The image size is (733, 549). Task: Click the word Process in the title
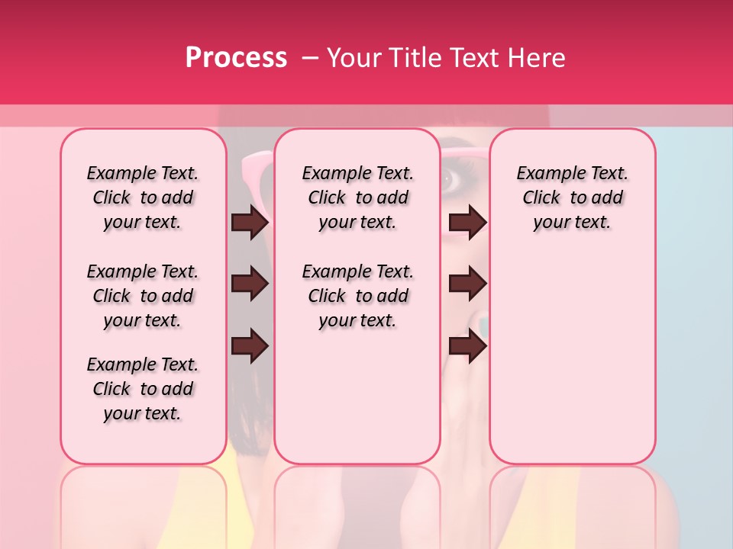[236, 58]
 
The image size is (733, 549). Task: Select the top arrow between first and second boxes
[250, 222]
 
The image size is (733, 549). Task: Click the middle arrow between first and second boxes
[250, 284]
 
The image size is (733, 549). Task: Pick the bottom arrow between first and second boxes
[250, 345]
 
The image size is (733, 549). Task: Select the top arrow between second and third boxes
[467, 222]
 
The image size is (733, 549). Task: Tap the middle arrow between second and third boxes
[467, 284]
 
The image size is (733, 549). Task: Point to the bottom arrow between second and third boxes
[467, 345]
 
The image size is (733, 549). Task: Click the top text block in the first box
[143, 197]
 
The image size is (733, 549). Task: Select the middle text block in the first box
[143, 296]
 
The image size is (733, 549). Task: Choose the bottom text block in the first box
[143, 389]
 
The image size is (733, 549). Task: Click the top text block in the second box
[357, 197]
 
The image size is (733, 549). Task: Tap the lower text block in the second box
[357, 296]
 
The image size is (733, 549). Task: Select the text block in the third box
[572, 197]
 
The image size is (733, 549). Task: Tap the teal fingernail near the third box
[483, 326]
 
